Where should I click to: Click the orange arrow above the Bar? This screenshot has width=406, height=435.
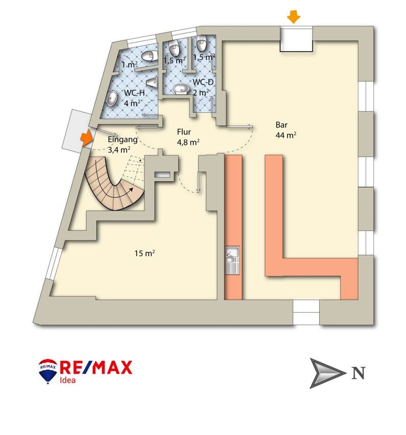(293, 17)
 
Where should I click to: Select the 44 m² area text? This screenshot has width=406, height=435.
(286, 135)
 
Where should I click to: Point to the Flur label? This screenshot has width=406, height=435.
(184, 133)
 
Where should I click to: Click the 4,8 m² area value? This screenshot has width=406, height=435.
(188, 143)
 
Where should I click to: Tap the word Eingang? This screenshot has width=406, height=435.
(123, 140)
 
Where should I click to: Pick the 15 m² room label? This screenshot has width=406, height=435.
(145, 253)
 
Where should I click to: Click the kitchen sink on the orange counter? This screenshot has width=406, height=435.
(232, 254)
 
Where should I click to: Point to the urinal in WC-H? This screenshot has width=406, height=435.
(152, 82)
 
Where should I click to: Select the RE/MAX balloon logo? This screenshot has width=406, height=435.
(48, 370)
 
